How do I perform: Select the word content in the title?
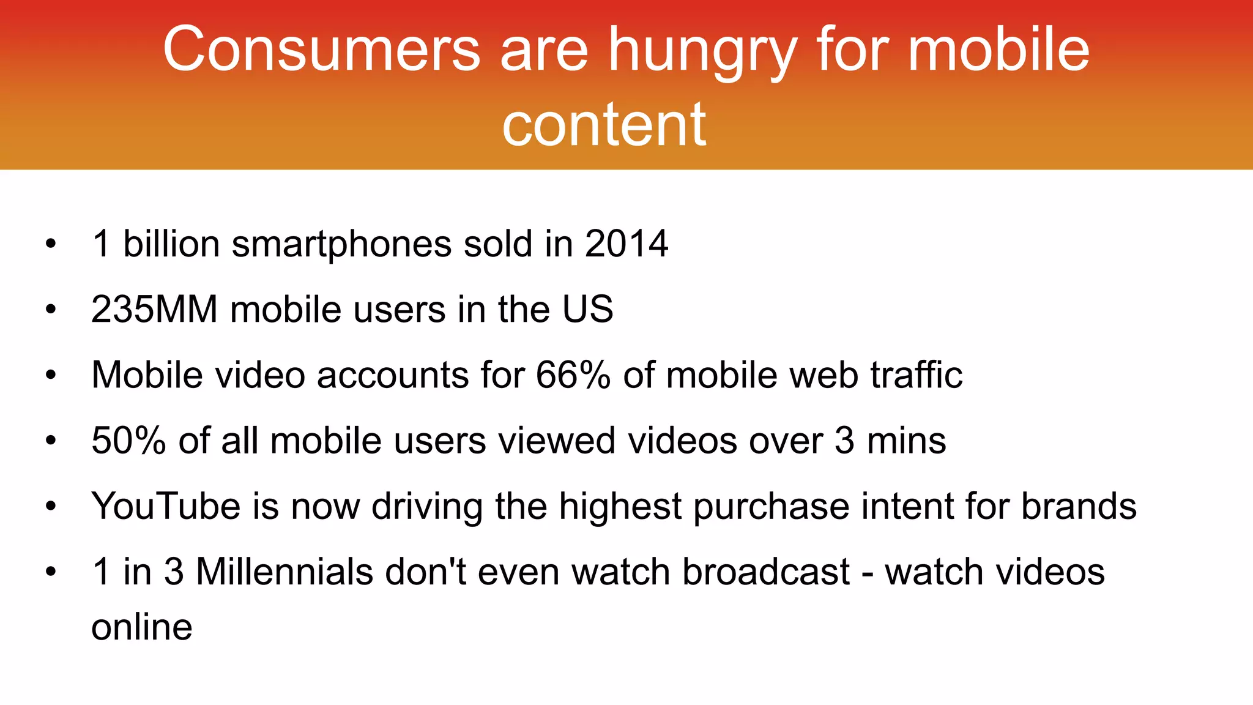pos(604,125)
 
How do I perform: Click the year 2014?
pos(626,244)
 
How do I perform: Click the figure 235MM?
pos(154,309)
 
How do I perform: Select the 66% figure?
pos(573,375)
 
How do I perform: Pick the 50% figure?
pos(128,440)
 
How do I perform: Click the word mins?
pos(906,440)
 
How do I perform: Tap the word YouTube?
pos(166,506)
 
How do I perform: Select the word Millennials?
pos(284,572)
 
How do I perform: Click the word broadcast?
pos(766,572)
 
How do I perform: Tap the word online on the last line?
pos(142,627)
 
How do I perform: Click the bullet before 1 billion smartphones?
pos(51,244)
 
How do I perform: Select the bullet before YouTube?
pos(51,507)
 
